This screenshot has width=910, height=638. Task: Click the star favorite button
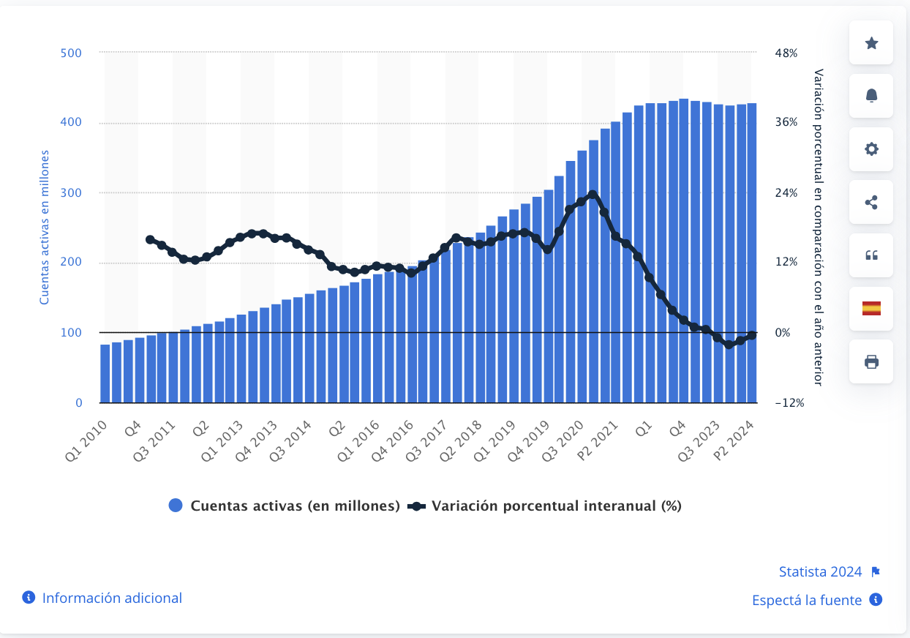click(871, 43)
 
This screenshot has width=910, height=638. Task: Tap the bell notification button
click(871, 96)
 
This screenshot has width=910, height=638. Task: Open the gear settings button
click(871, 149)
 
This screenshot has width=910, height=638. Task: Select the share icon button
click(871, 203)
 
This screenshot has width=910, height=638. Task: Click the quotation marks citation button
click(871, 255)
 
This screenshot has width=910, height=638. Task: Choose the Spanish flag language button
click(871, 308)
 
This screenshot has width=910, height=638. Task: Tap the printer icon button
click(871, 361)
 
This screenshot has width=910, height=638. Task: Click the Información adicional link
click(111, 598)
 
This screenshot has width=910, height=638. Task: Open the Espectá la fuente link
click(807, 600)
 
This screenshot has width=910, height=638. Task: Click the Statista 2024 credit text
click(820, 572)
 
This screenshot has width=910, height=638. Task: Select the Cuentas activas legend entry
click(285, 506)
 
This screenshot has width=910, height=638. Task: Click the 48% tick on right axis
click(786, 53)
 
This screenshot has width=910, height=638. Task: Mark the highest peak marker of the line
click(593, 195)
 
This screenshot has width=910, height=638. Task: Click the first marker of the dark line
click(151, 239)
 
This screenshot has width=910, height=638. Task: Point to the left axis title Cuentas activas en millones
click(44, 228)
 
